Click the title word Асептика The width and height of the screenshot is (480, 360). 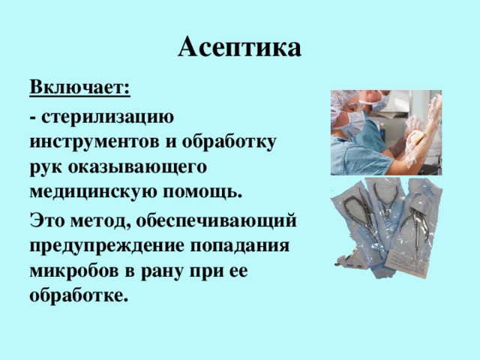click(x=240, y=47)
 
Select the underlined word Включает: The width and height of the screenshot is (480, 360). click(x=80, y=87)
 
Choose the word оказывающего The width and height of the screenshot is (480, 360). click(x=142, y=166)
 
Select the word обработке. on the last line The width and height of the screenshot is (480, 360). click(x=78, y=295)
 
